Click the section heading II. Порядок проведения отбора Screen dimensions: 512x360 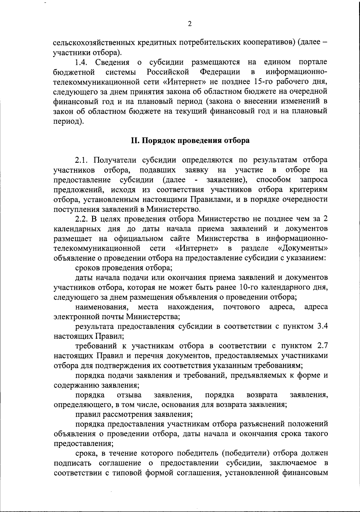coord(190,141)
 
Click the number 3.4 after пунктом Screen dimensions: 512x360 coord(322,326)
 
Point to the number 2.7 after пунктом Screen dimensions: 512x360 coord(322,346)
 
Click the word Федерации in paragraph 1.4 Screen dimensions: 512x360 coord(220,72)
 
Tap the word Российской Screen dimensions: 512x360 coord(168,72)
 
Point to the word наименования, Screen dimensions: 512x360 coord(102,307)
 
